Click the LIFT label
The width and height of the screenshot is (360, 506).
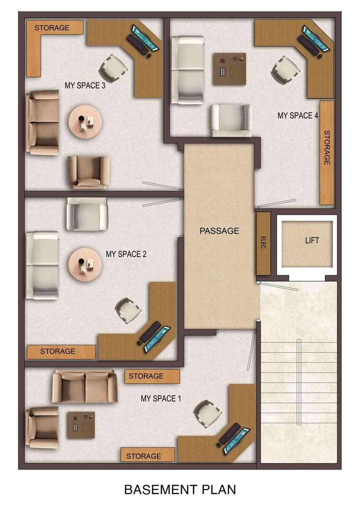(x=312, y=240)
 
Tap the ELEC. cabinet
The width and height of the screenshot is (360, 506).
(x=263, y=243)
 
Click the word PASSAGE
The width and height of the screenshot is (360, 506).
(x=219, y=231)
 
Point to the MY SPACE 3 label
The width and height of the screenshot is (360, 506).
(x=85, y=86)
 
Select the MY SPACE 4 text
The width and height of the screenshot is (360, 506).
(x=297, y=115)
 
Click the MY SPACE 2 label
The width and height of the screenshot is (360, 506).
(x=126, y=254)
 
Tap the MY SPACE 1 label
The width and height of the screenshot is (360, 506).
(x=161, y=399)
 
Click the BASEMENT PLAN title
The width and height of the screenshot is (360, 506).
(x=180, y=489)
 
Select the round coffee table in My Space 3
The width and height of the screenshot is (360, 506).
(x=85, y=122)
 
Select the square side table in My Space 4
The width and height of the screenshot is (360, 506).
(x=229, y=69)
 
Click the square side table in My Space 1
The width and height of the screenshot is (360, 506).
(x=81, y=425)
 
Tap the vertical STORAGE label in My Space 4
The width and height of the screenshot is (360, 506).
(x=327, y=147)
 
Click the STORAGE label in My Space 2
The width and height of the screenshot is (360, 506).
(x=57, y=351)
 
